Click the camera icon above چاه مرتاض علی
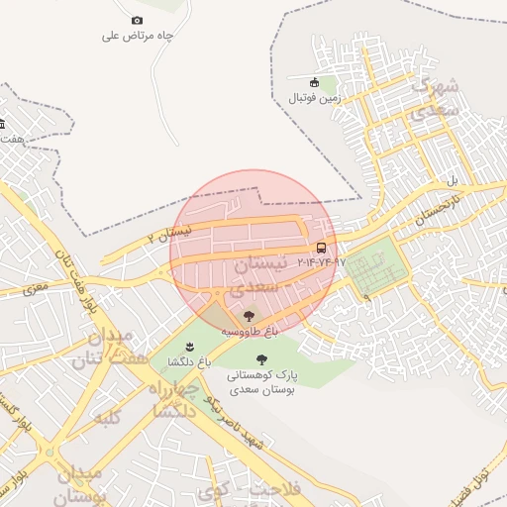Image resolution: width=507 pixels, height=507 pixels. point(137,21)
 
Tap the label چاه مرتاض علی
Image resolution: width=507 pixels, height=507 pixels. point(138,36)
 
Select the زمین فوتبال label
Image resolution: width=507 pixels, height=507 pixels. point(315,98)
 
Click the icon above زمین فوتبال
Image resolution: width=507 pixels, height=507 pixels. point(315,82)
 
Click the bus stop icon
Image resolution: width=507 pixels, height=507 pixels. point(321,248)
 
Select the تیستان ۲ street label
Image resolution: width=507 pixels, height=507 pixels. point(165,234)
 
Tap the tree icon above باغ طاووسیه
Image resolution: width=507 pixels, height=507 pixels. point(249,315)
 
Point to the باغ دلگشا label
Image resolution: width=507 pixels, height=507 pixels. point(190,361)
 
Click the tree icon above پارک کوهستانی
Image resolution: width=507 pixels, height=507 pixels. point(261,360)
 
